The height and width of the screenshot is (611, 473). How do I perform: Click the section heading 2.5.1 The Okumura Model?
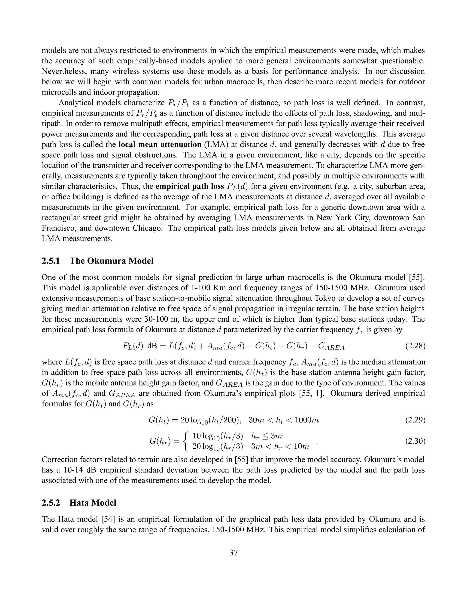97,261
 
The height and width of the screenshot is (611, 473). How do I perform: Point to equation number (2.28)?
415,346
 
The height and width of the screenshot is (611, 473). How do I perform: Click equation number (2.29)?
415,420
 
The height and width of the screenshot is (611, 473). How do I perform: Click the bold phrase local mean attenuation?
160,145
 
